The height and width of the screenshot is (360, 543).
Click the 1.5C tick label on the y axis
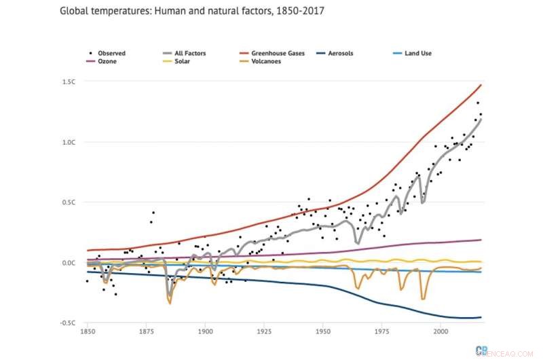pos(69,82)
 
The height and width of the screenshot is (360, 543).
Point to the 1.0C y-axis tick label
pos(69,142)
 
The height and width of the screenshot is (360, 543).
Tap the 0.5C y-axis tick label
pos(69,202)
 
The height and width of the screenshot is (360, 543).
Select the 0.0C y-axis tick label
pos(69,263)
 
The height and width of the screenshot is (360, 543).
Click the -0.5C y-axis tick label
pos(67,323)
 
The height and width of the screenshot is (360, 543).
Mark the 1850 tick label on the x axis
pos(88,332)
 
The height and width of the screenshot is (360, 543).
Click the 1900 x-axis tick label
pos(205,332)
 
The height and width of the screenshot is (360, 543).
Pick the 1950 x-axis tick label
pos(323,332)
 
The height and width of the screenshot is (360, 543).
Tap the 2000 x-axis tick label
pos(441,332)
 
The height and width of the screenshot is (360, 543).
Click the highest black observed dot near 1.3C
pos(478,103)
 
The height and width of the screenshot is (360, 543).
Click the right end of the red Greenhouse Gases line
pos(481,85)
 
